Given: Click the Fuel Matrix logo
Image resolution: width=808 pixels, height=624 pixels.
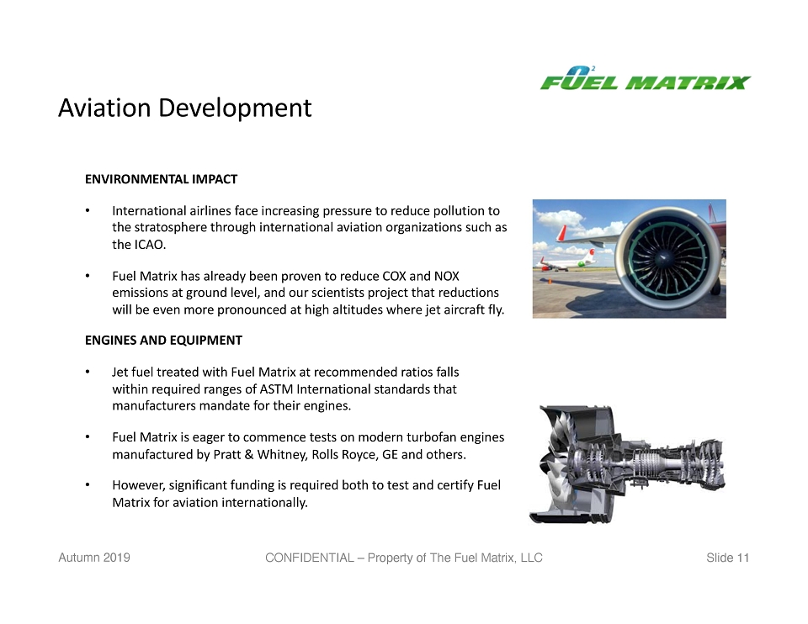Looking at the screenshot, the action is (646, 79).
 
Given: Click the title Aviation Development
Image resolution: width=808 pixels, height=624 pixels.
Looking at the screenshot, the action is (184, 108).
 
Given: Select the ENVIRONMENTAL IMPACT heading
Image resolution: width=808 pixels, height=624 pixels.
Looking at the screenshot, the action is (162, 179).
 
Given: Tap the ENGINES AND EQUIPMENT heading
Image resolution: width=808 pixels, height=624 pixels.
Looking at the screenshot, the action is (163, 341).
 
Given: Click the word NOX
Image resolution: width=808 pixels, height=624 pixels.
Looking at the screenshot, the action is (446, 276).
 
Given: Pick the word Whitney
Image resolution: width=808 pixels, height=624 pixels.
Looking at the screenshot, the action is (280, 455).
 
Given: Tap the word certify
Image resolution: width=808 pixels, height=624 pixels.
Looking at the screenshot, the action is (455, 485).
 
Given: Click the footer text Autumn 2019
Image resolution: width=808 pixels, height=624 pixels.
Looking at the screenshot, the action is (94, 558).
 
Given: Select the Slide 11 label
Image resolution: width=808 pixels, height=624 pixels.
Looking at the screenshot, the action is (727, 558).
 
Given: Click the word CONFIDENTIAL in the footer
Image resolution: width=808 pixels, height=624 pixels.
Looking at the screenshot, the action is (309, 558).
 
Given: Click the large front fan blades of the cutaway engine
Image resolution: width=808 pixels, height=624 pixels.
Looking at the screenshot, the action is (555, 464).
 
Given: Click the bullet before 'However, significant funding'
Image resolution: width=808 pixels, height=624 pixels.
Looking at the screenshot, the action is (88, 485).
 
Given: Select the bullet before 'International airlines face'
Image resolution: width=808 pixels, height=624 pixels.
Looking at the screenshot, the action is (88, 210).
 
